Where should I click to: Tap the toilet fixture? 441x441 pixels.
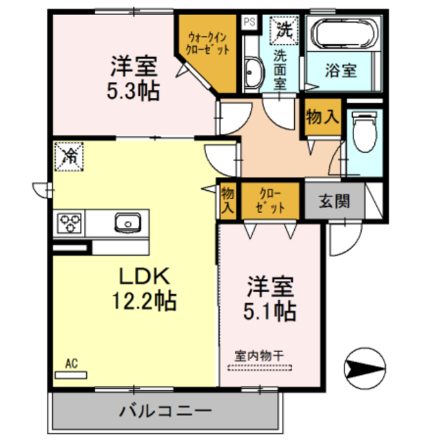(362, 134)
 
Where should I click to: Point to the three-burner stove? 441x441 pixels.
(70, 222)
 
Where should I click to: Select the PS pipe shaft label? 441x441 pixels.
(248, 21)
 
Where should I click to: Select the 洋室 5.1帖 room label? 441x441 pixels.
(271, 298)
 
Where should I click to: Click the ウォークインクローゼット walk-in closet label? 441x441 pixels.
(207, 46)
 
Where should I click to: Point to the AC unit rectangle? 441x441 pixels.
(72, 375)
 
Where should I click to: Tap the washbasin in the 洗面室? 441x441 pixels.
(252, 72)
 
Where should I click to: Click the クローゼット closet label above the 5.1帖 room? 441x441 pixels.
(269, 201)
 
